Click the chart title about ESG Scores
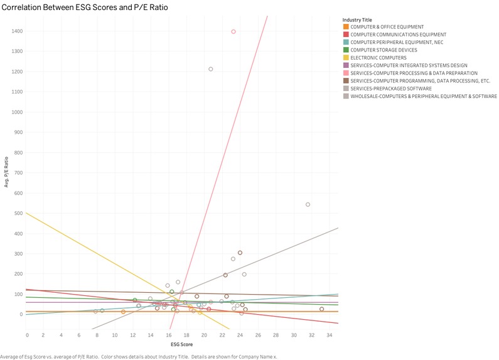[x=87, y=6]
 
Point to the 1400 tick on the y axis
[x=15, y=31]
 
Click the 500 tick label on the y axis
[x=17, y=213]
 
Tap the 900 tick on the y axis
[x=17, y=132]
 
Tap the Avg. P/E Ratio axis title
[x=6, y=173]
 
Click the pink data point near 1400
[x=233, y=31]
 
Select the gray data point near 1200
[x=211, y=69]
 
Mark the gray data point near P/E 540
[x=308, y=204]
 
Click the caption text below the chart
[x=138, y=356]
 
